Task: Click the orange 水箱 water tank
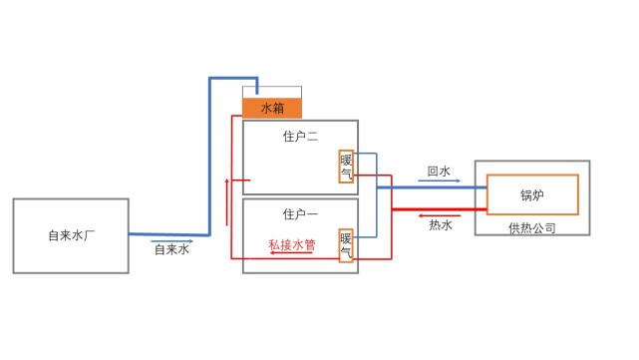coord(272,108)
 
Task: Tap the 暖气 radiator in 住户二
coord(347,168)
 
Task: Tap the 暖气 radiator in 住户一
coord(347,245)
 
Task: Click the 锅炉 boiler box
coord(531,193)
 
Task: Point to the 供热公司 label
coord(531,227)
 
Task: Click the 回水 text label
coord(439,172)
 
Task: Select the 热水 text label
coord(440,225)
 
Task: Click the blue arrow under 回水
coord(439,181)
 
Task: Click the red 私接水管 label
coord(291,243)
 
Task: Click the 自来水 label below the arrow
coord(171,250)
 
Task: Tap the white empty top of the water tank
coord(272,92)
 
